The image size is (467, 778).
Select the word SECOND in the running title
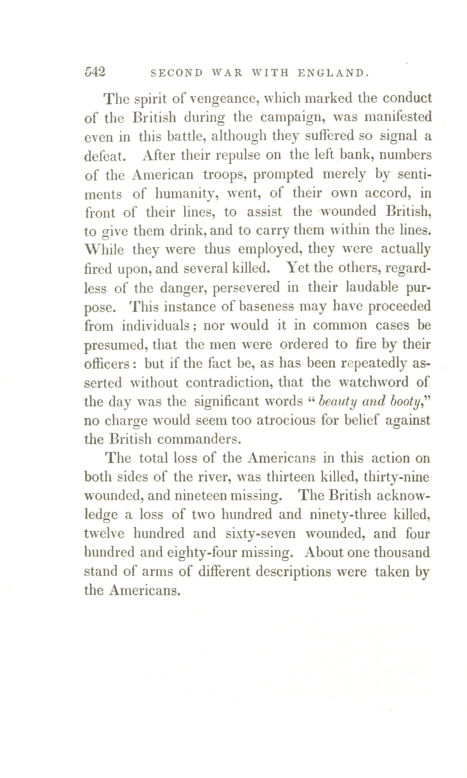[177, 73]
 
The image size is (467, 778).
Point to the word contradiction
[244, 382]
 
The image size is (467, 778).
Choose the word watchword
[374, 382]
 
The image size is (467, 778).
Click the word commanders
[199, 439]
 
